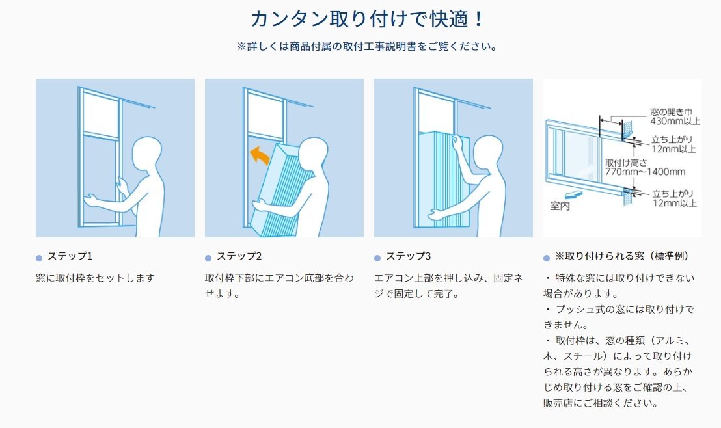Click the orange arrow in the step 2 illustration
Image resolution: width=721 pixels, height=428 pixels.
(x=262, y=157)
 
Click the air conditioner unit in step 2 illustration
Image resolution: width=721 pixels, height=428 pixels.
(x=285, y=189)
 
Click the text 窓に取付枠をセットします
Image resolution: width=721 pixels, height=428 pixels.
(x=95, y=278)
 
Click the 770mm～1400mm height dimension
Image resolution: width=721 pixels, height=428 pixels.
(x=645, y=172)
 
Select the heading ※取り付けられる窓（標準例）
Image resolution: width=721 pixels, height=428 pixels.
(x=621, y=256)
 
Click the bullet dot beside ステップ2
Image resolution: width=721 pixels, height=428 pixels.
(x=208, y=258)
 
